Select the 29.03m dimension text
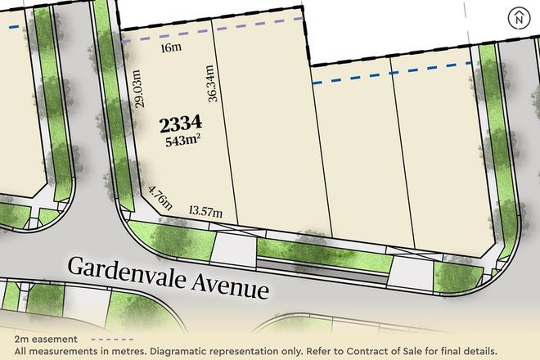tap(140, 88)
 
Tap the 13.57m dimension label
tap(205, 213)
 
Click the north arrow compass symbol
tap(517, 40)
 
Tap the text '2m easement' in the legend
tap(46, 339)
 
